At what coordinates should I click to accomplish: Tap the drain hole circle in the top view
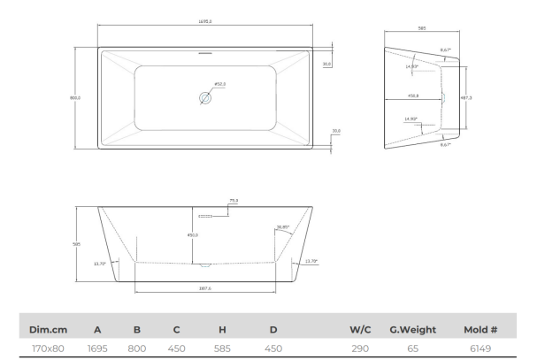tap(205, 99)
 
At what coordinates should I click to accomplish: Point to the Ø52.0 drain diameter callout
tap(219, 85)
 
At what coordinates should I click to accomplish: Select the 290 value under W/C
tap(358, 349)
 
